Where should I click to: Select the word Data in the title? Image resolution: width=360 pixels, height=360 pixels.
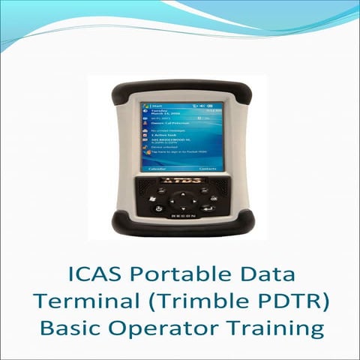click(244, 274)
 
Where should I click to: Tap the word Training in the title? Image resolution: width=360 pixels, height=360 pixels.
click(268, 328)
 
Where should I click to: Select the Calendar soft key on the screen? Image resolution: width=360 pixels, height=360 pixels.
click(157, 169)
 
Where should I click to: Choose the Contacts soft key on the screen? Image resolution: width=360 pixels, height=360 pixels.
click(207, 169)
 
